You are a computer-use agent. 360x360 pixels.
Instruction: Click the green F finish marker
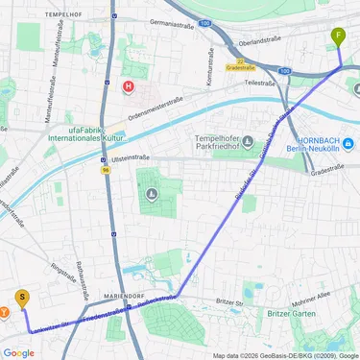(x=338, y=37)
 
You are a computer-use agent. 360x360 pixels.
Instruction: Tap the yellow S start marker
(x=22, y=299)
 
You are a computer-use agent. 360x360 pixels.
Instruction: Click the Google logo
(x=18, y=352)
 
